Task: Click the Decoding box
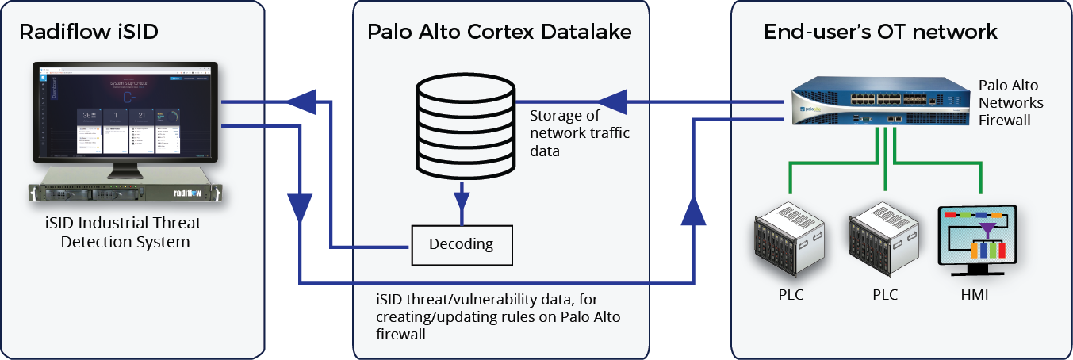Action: [x=461, y=244]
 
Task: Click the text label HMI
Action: [x=975, y=295]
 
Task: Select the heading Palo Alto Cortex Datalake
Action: [x=500, y=32]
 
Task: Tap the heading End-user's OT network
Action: [x=880, y=32]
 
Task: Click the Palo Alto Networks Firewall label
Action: [x=1011, y=102]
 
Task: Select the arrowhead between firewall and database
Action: [x=611, y=101]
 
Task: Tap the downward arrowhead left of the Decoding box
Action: [x=301, y=208]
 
